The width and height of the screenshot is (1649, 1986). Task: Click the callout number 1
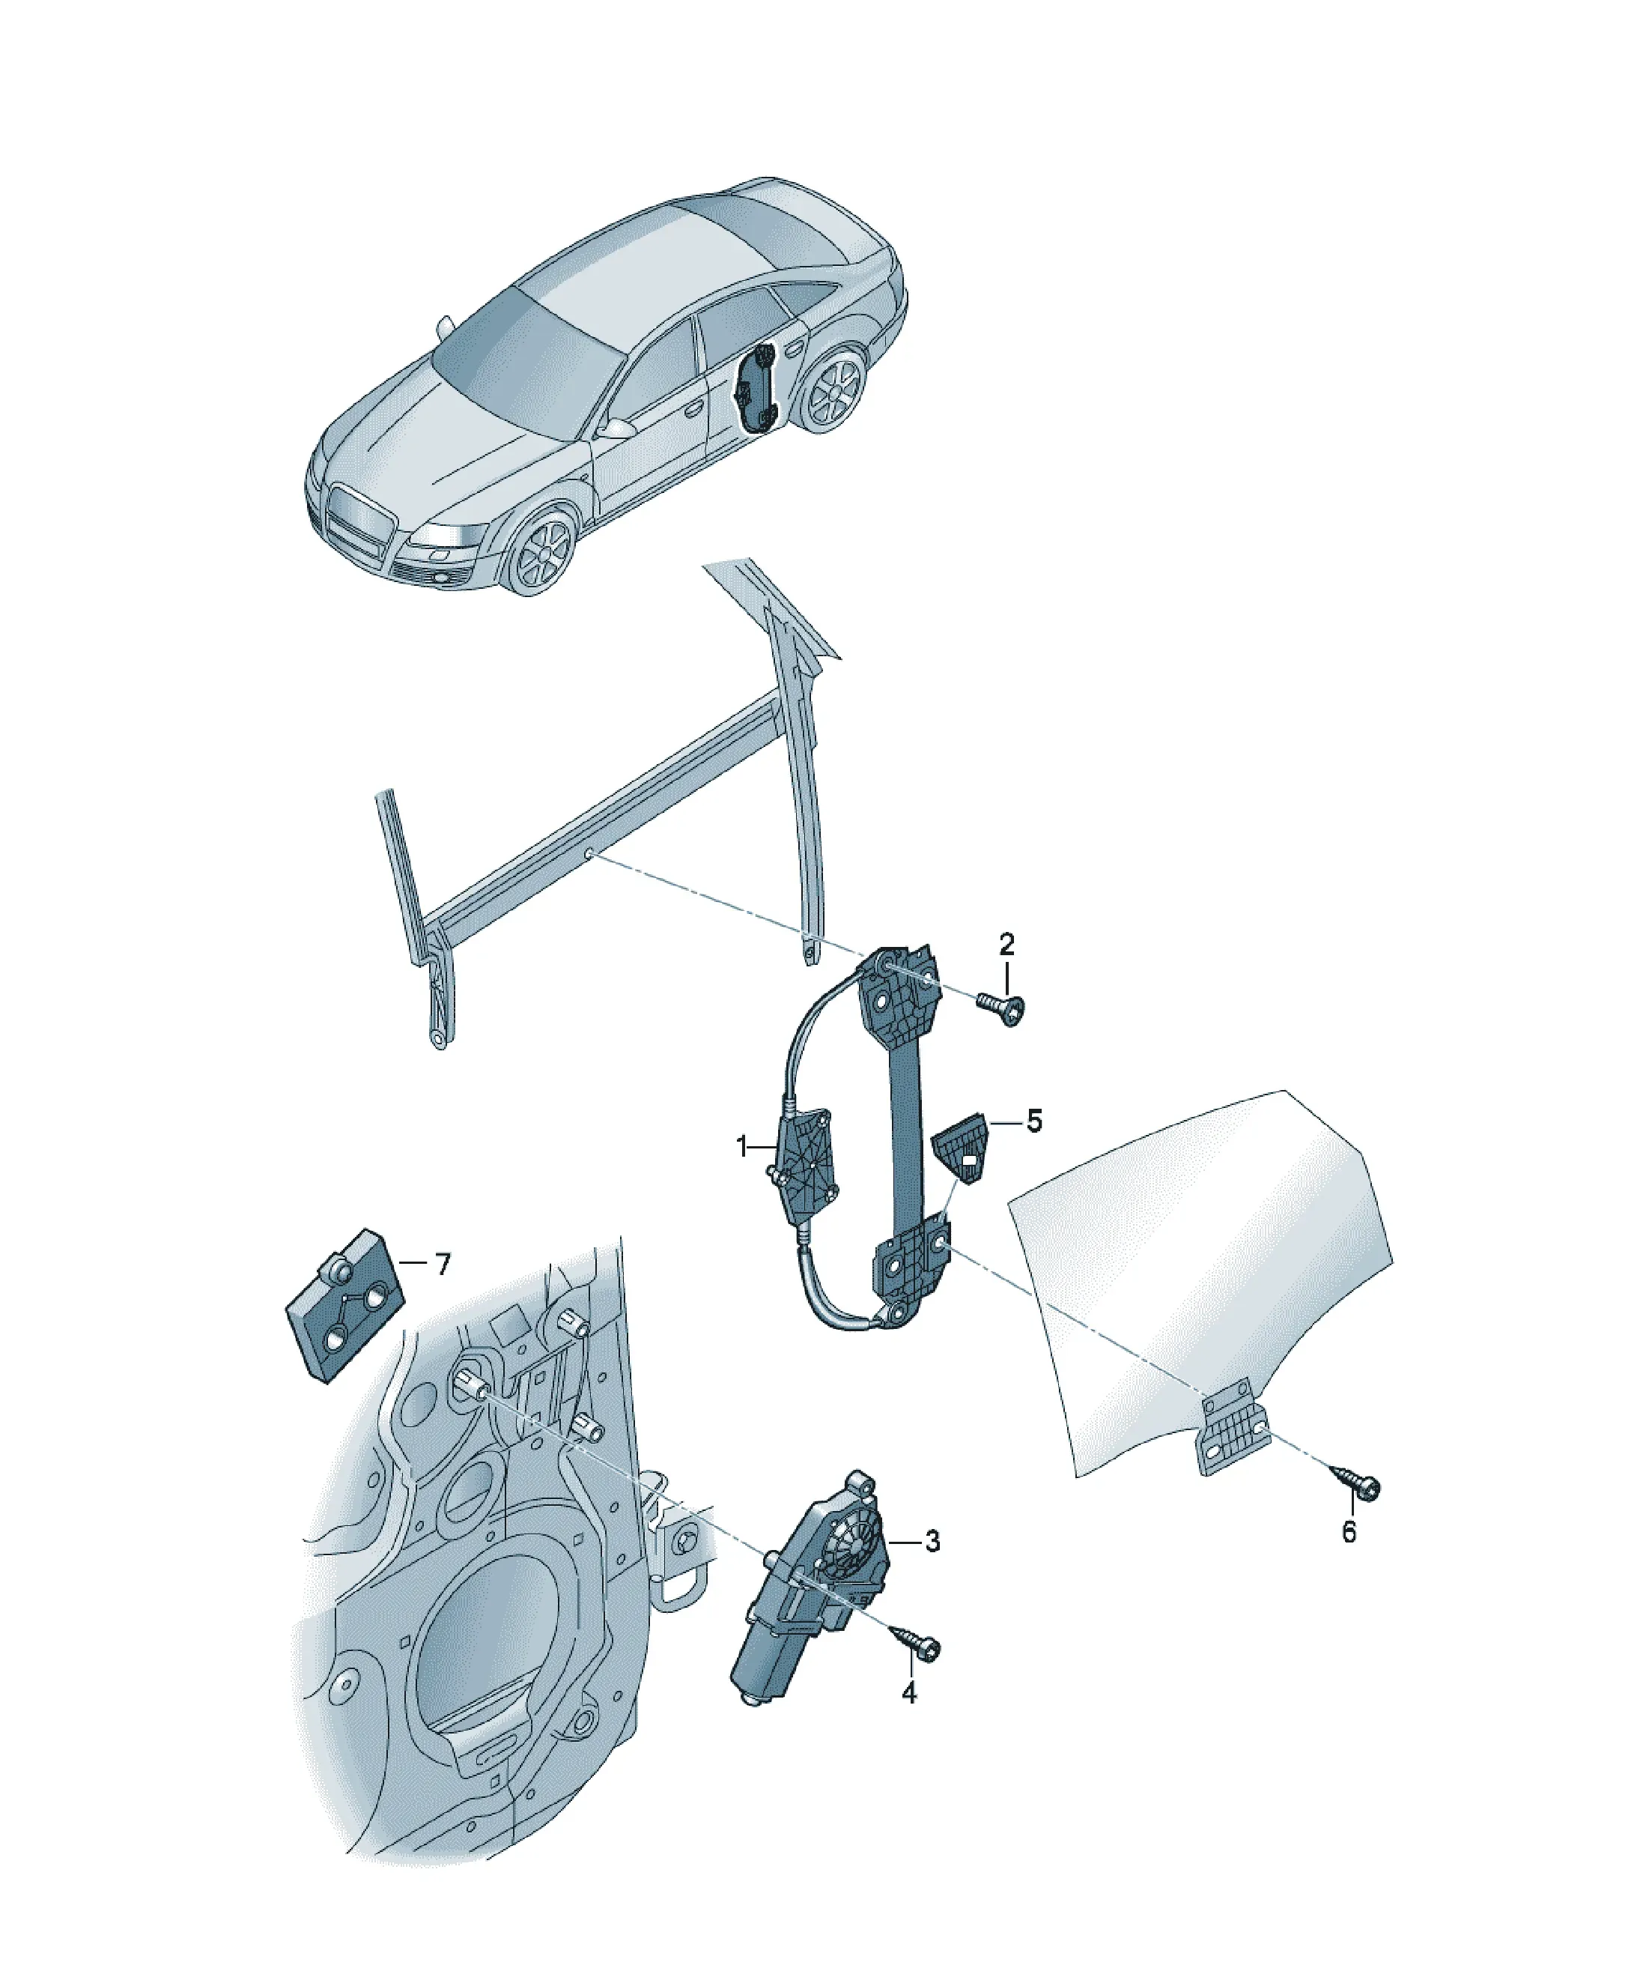point(742,1147)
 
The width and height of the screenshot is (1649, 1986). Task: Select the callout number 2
point(1006,944)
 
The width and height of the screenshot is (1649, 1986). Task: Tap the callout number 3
point(932,1542)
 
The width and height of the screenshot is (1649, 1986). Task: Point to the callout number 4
point(908,1693)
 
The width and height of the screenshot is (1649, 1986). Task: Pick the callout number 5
point(1034,1121)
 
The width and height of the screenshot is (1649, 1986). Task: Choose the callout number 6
point(1348,1531)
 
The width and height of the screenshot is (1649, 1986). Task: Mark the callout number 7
point(443,1264)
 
